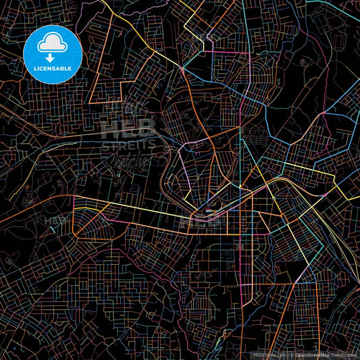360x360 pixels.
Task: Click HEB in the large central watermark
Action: [x=128, y=128]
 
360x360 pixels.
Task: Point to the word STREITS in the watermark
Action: [x=128, y=144]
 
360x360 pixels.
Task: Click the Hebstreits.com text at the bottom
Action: [x=267, y=355]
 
